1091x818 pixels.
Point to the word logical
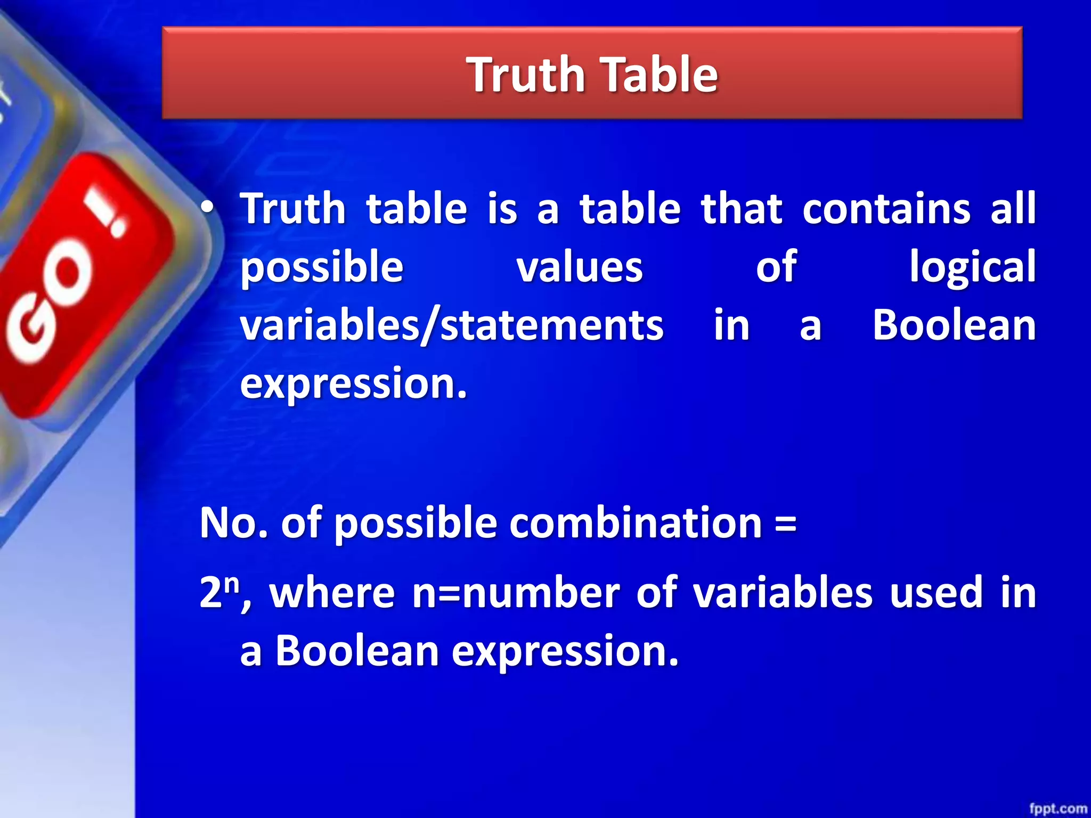point(972,267)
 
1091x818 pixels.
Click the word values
point(580,267)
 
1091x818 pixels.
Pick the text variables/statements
point(452,326)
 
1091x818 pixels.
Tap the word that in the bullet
point(742,209)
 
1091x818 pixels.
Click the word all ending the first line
point(1013,209)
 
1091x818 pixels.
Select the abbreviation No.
point(233,523)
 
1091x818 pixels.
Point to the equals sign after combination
point(786,523)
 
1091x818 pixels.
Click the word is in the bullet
point(502,209)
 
